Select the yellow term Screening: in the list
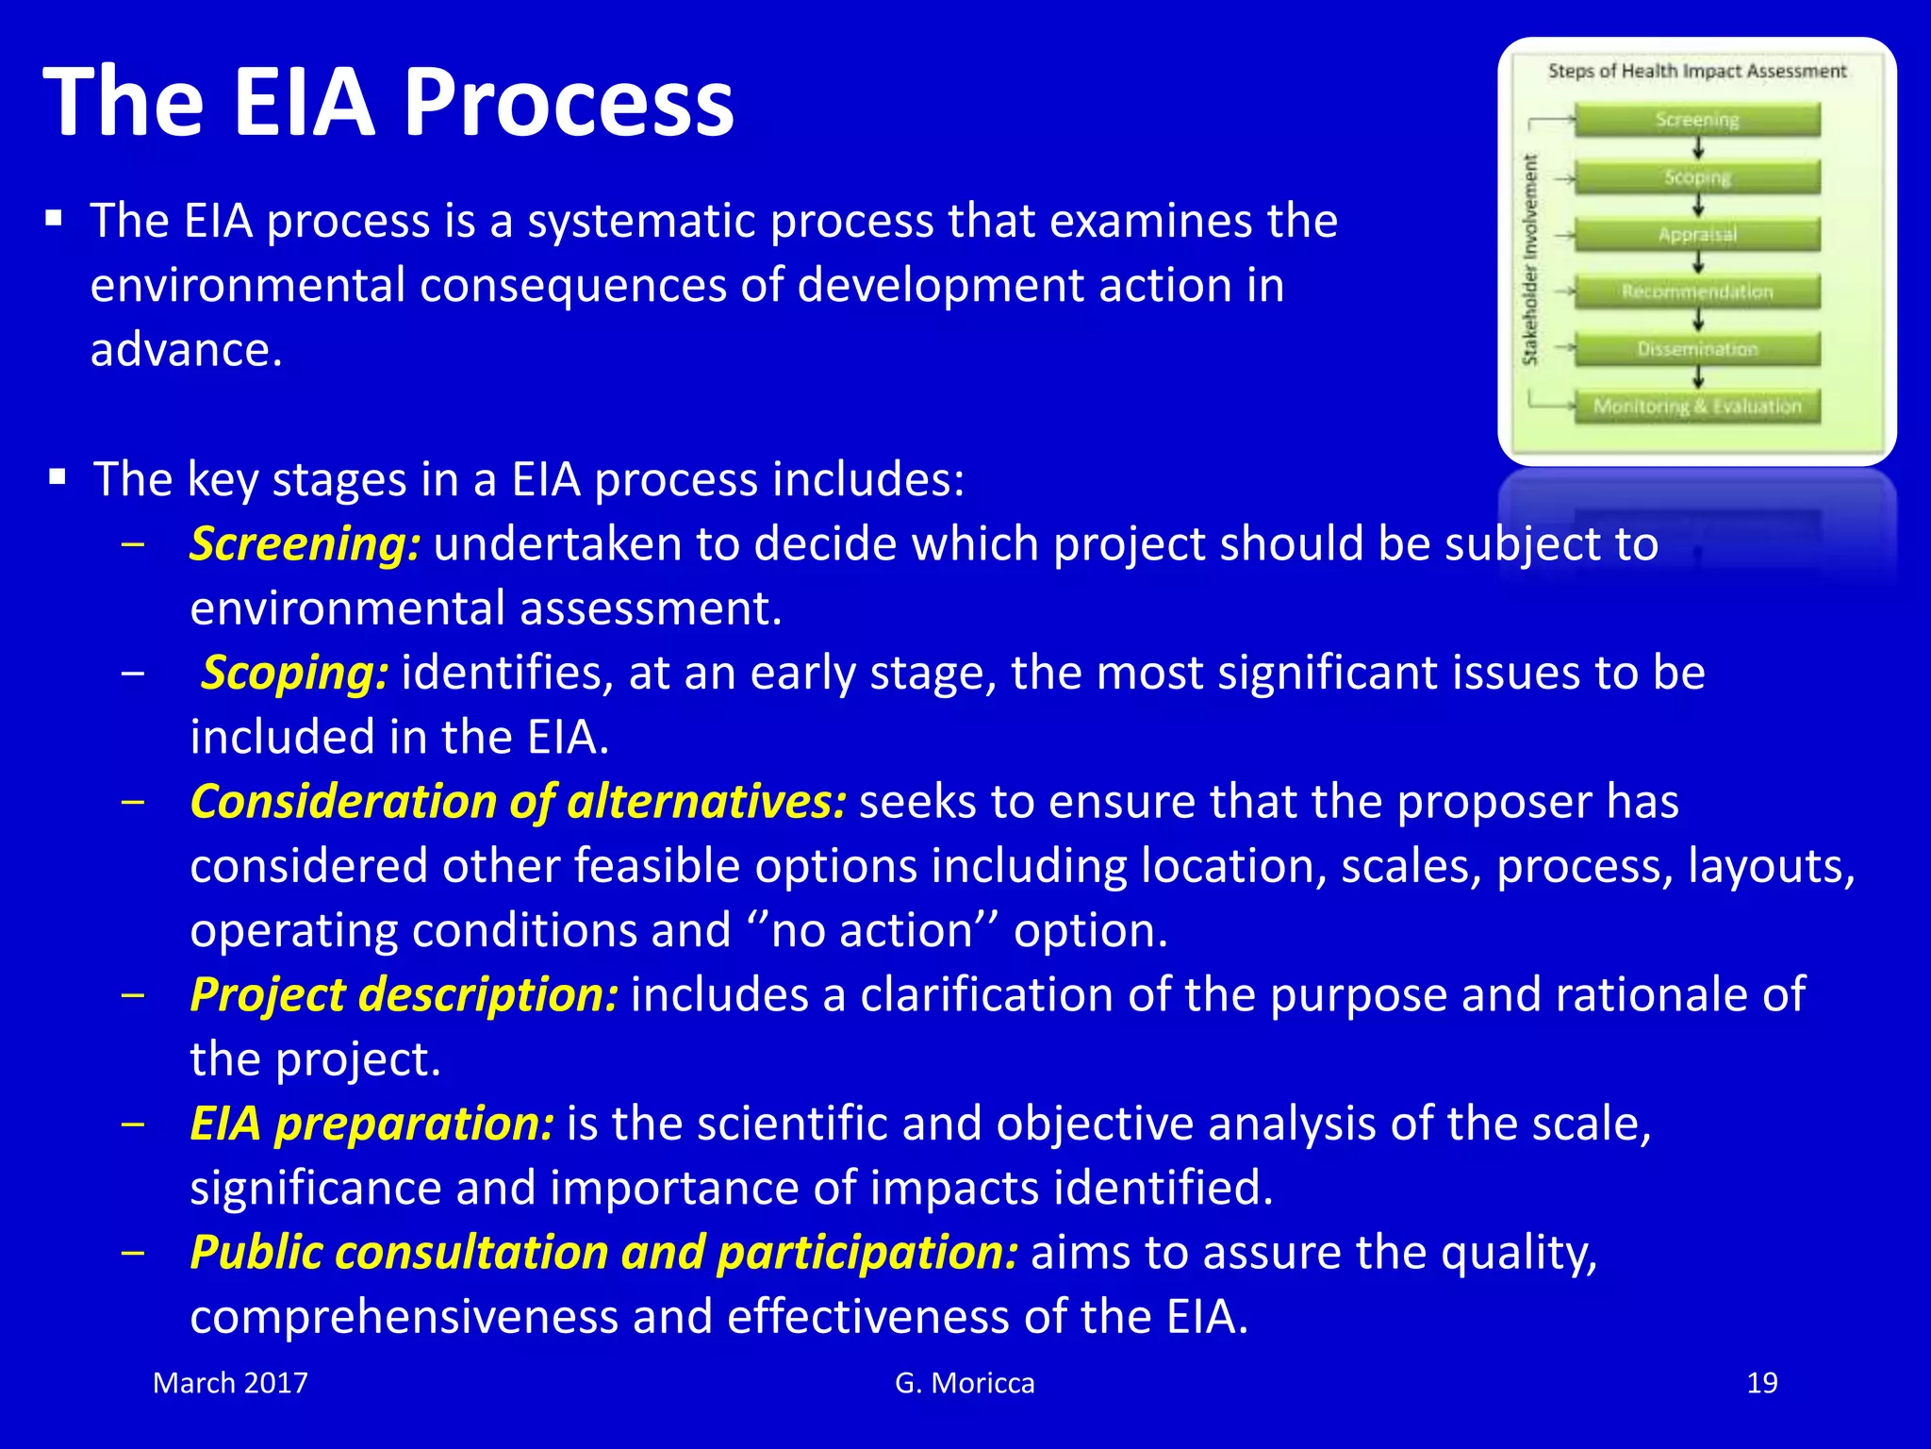pyautogui.click(x=305, y=544)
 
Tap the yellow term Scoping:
pyautogui.click(x=294, y=674)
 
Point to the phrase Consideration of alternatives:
pyautogui.click(x=518, y=803)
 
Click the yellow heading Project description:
pyautogui.click(x=404, y=995)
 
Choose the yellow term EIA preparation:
pyautogui.click(x=371, y=1124)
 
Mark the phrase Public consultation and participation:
pyautogui.click(x=603, y=1253)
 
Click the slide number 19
pyautogui.click(x=1761, y=1383)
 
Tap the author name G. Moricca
pyautogui.click(x=965, y=1383)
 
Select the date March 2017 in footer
pyautogui.click(x=230, y=1383)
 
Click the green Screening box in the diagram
pyautogui.click(x=1697, y=120)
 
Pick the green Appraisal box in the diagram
pyautogui.click(x=1697, y=234)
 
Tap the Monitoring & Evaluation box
pyautogui.click(x=1697, y=407)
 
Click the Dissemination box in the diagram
pyautogui.click(x=1697, y=349)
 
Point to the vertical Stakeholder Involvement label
pyautogui.click(x=1530, y=259)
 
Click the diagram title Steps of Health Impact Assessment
pyautogui.click(x=1696, y=71)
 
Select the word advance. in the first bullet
pyautogui.click(x=186, y=350)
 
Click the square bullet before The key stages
pyautogui.click(x=58, y=477)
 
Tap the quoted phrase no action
pyautogui.click(x=872, y=931)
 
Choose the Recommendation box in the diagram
pyautogui.click(x=1697, y=291)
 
